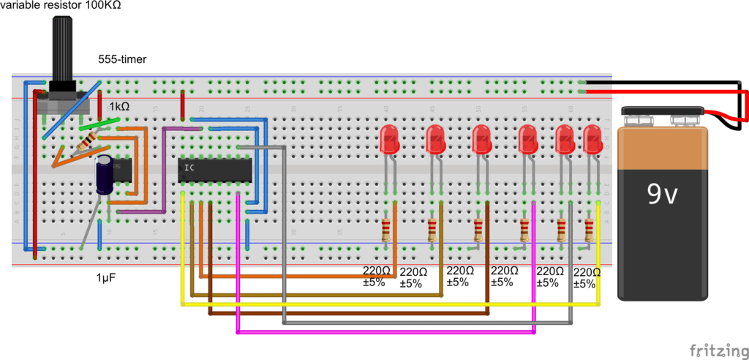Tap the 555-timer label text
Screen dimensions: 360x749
(x=122, y=59)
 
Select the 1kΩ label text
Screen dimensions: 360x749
(x=119, y=106)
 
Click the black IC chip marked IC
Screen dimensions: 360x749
(x=216, y=170)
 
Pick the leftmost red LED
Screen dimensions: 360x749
(x=391, y=139)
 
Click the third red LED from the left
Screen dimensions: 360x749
(x=481, y=139)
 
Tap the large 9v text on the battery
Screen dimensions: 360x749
(x=663, y=192)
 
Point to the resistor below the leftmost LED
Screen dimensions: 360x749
(x=386, y=230)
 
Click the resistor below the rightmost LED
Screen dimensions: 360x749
(x=590, y=230)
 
